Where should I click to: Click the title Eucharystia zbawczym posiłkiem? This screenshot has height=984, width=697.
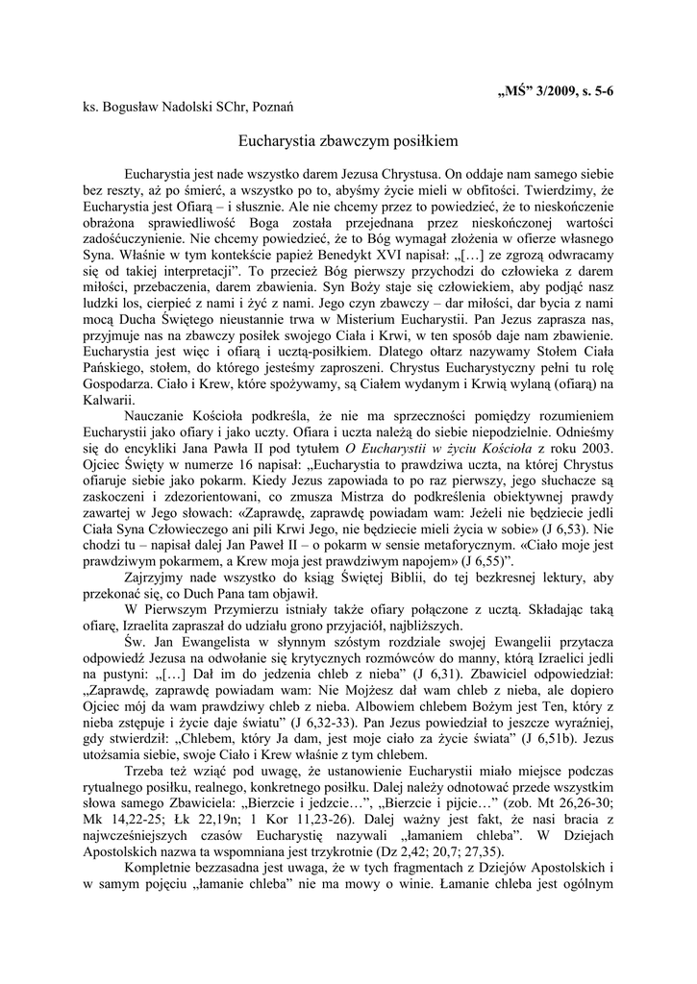[x=348, y=140]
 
